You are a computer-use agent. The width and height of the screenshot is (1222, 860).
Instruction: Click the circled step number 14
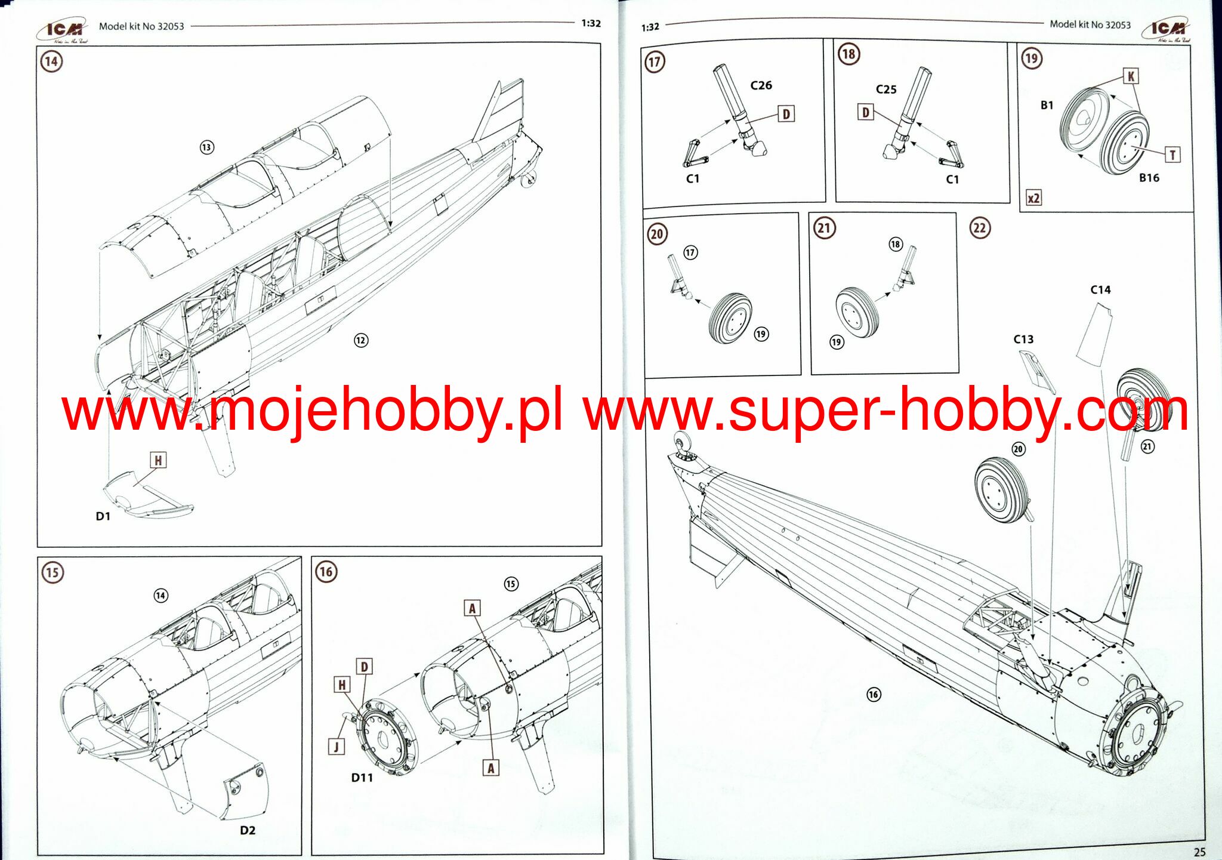coord(51,61)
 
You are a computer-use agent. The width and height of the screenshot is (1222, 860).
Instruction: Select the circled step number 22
coord(980,228)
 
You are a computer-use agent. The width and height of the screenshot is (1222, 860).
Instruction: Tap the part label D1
coord(103,516)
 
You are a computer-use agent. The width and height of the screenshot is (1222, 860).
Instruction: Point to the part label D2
coord(248,830)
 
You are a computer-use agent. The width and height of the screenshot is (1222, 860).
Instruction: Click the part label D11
coord(362,778)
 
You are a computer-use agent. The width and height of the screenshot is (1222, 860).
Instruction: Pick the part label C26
coord(761,85)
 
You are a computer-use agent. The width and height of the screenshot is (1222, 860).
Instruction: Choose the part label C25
coord(886,90)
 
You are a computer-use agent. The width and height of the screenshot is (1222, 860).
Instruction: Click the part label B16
coord(1149,178)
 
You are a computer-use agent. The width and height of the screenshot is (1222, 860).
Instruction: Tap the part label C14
coord(1100,290)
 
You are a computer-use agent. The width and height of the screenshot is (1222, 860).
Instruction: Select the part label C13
coord(1023,340)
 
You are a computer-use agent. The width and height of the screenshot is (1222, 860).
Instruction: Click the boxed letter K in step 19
coord(1130,76)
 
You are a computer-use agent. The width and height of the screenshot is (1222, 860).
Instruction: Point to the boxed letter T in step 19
coord(1172,155)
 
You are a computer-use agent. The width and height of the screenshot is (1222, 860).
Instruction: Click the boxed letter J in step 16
coord(337,747)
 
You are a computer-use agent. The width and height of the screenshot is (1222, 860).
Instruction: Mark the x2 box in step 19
coord(1033,198)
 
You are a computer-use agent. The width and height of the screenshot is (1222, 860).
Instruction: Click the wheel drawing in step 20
coord(730,318)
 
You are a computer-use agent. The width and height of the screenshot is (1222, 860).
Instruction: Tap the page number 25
coord(1199,852)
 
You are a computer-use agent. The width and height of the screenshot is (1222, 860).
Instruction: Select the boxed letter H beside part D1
coord(158,460)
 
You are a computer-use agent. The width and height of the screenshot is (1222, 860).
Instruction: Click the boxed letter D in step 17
coord(786,114)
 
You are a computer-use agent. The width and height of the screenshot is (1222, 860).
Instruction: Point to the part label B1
coord(1047,106)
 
